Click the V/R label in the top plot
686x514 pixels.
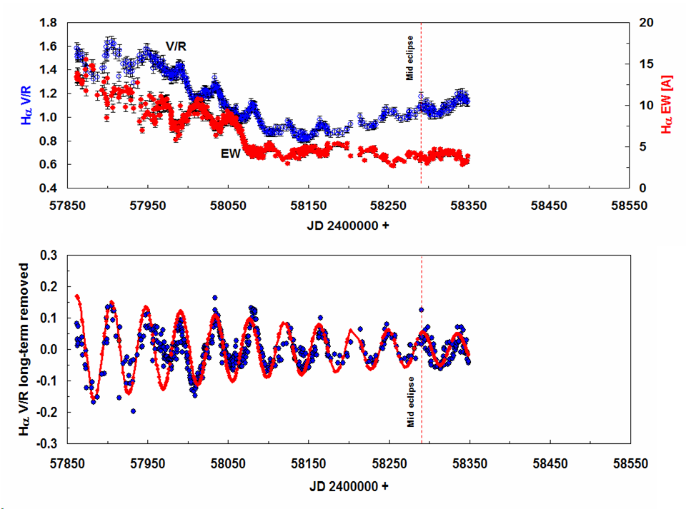177,46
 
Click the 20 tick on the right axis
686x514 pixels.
647,23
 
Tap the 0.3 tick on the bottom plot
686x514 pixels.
50,256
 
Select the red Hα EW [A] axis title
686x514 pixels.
667,106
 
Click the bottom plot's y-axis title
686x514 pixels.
24,349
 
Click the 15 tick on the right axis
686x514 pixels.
647,64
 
